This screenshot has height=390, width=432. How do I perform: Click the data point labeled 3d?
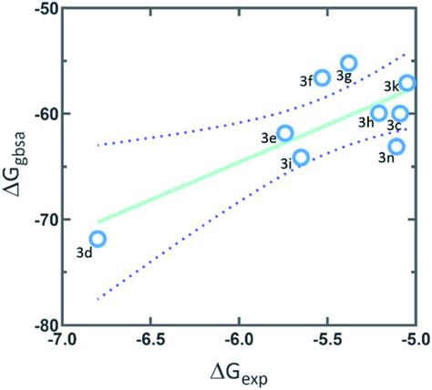[x=98, y=239]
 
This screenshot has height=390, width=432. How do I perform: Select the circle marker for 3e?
[x=285, y=133]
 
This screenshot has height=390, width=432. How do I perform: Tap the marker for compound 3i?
[x=301, y=157]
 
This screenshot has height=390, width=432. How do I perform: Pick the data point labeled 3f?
[x=322, y=77]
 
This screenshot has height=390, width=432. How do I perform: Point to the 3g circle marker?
[x=348, y=63]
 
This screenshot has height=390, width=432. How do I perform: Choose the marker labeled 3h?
[x=379, y=113]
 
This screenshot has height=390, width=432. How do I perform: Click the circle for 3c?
[x=400, y=113]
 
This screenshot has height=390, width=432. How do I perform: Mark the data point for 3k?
[x=407, y=83]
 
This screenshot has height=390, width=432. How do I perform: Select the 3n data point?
[x=396, y=146]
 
